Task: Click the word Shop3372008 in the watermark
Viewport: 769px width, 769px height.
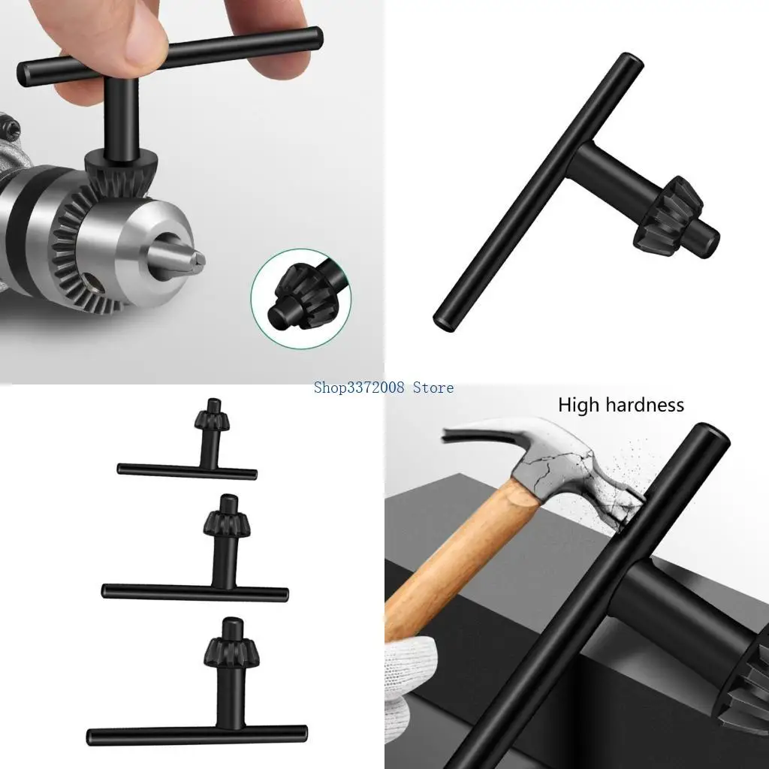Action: (x=360, y=388)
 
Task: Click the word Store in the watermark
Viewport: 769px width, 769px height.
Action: (x=433, y=388)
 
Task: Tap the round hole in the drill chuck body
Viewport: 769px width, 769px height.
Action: (x=92, y=283)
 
